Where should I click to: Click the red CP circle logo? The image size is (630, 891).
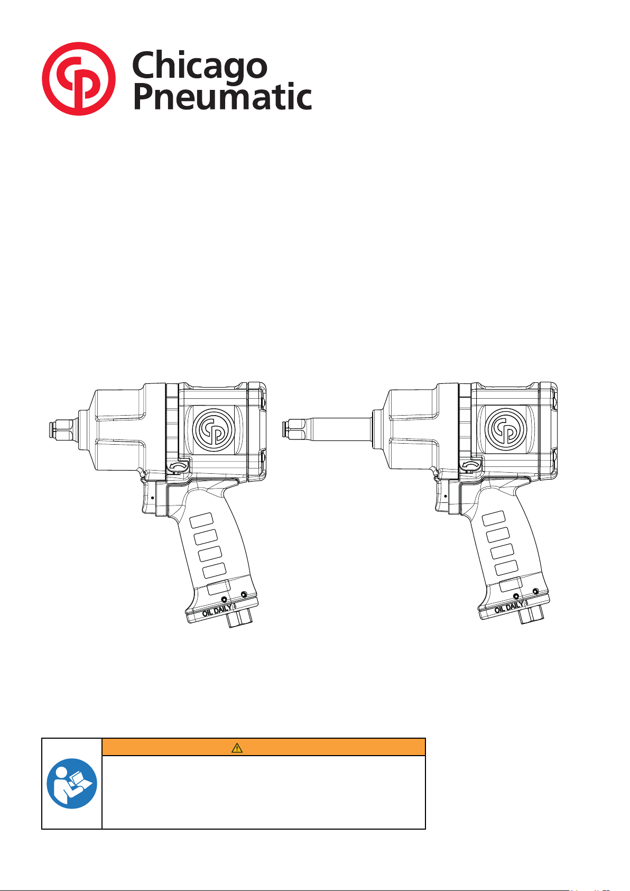click(79, 79)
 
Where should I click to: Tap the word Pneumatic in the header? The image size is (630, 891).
click(223, 96)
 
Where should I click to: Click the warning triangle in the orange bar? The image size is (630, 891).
click(237, 748)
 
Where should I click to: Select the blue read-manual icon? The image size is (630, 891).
click(72, 783)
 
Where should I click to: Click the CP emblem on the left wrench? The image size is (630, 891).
click(214, 429)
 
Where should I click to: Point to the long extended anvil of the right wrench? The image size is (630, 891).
click(327, 429)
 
